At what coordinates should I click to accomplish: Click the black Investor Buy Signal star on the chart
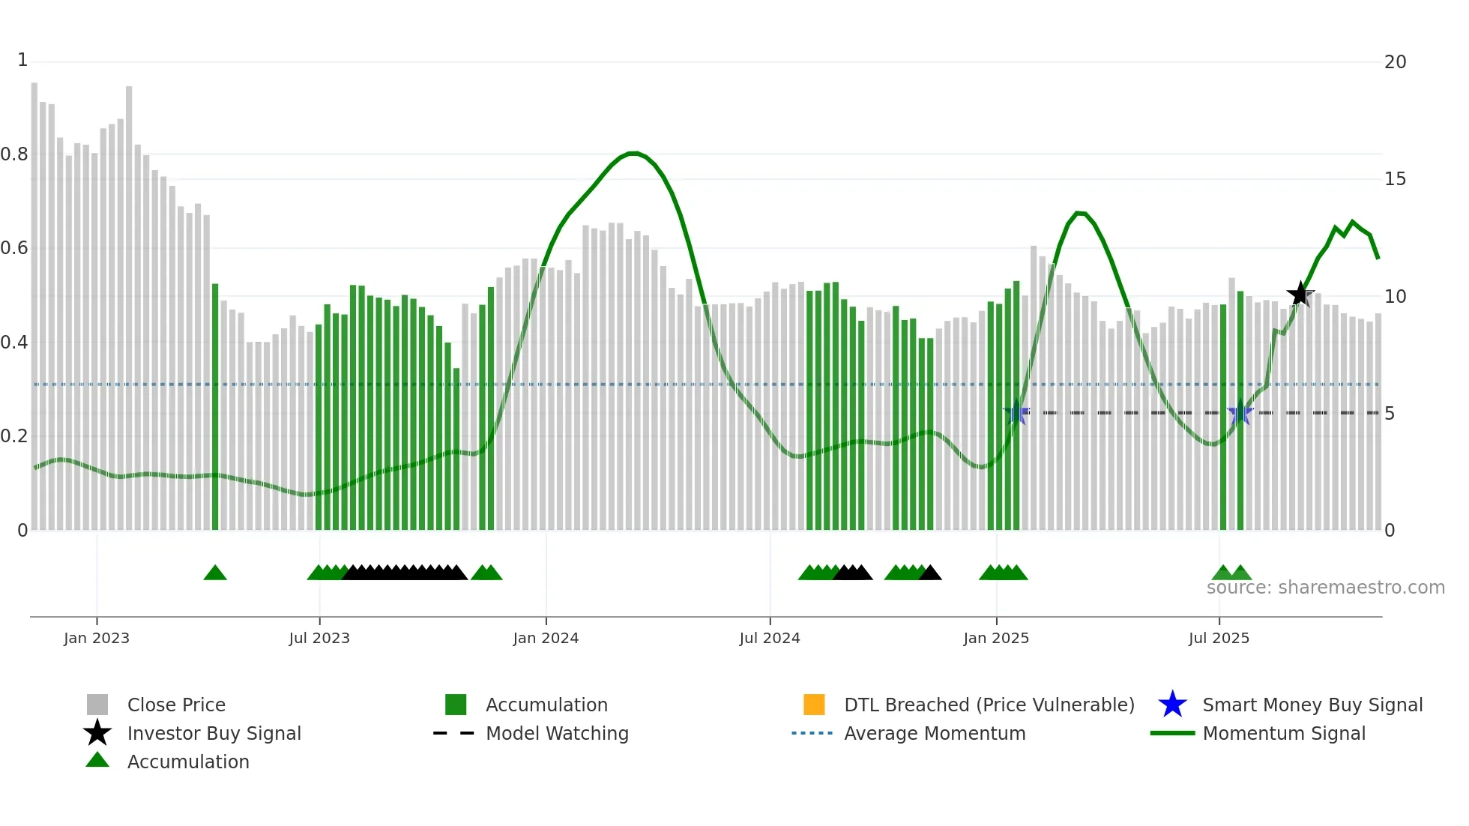coord(1300,294)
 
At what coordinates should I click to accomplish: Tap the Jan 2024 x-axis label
coord(546,638)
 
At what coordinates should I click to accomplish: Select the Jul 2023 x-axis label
coord(319,638)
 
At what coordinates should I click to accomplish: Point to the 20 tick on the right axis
coord(1395,62)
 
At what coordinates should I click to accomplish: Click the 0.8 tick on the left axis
coord(14,154)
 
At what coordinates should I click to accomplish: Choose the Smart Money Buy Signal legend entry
coord(1312,705)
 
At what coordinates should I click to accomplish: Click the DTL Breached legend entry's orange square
coord(814,705)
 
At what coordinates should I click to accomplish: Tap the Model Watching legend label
coord(557,733)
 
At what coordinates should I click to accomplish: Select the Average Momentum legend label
coord(935,733)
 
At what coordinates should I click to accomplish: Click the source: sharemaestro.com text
coord(1325,588)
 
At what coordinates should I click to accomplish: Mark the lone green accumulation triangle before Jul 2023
coord(215,573)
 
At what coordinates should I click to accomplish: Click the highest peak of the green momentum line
coord(634,154)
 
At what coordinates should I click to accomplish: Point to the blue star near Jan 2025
coord(1016,412)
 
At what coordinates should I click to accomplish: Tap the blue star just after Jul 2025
coord(1240,412)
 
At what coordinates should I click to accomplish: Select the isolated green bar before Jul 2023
coord(215,405)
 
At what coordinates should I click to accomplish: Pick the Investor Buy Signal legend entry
coord(214,733)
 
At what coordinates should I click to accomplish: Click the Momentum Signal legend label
coord(1283,733)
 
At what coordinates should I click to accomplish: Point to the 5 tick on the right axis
coord(1389,414)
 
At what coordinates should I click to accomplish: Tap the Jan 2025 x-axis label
coord(996,638)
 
